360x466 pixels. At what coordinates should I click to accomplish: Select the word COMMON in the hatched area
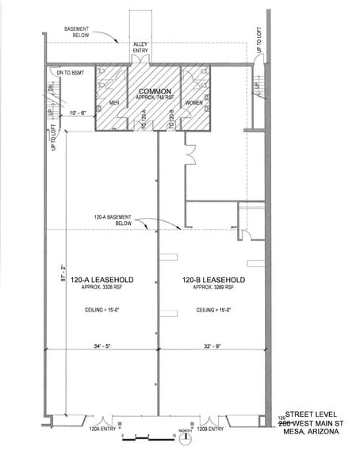coord(155,92)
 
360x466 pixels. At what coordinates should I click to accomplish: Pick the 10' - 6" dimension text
coord(81,114)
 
